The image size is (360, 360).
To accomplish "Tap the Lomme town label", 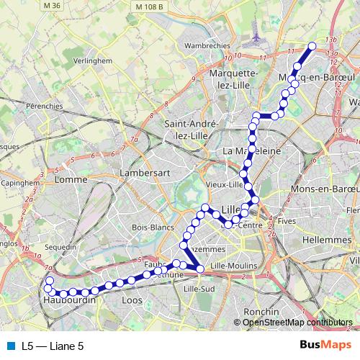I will point(71,179).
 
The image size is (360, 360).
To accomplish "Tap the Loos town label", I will point(132,300).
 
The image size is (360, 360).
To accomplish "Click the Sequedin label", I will point(60,246).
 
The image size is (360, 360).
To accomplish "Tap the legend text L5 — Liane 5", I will point(53,346).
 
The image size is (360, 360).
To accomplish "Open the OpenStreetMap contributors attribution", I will point(297,322).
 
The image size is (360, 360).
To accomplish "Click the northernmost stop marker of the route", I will point(312,46).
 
